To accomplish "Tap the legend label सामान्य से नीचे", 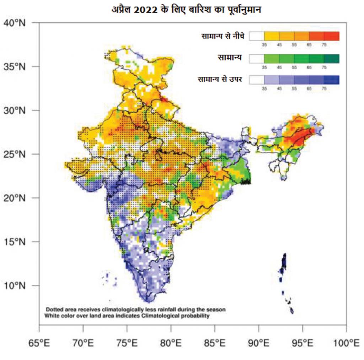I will click(x=223, y=36).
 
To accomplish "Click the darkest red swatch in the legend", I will click(x=332, y=36).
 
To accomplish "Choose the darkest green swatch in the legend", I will click(x=332, y=58).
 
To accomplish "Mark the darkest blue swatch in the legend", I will click(x=332, y=80).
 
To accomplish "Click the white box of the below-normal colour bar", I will click(x=257, y=36).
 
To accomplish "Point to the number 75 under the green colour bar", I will click(x=324, y=67).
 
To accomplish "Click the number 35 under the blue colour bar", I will click(x=264, y=89).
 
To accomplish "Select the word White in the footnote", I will click(x=53, y=315).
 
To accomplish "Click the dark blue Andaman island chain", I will click(x=284, y=263).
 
